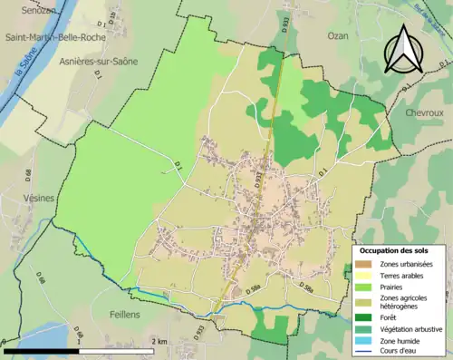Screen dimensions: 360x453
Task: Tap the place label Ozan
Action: coord(336,34)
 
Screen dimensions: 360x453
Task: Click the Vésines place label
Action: coord(34,197)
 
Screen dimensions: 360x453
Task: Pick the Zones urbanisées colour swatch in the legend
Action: coord(363,264)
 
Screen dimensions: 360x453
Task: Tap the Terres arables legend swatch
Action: coord(363,276)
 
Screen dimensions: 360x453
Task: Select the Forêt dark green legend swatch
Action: coord(363,316)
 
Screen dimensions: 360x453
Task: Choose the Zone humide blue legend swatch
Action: coord(363,340)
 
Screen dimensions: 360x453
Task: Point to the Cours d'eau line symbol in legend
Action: coord(363,352)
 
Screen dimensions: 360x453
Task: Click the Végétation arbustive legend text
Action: coord(409,328)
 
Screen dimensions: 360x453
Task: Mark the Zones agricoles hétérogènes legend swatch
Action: coord(363,302)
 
